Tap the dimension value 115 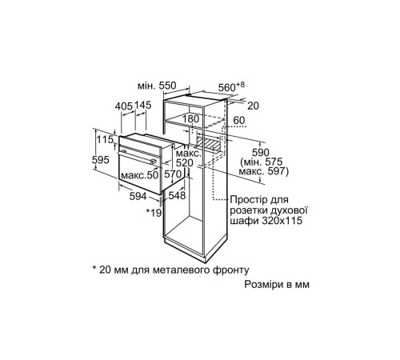pos(102,141)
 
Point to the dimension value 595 pos(102,159)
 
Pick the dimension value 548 pos(177,195)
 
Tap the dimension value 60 pos(238,121)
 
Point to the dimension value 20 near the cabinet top pos(253,105)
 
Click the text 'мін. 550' pos(156,84)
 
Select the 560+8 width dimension pos(230,86)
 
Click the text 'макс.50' pos(137,174)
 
